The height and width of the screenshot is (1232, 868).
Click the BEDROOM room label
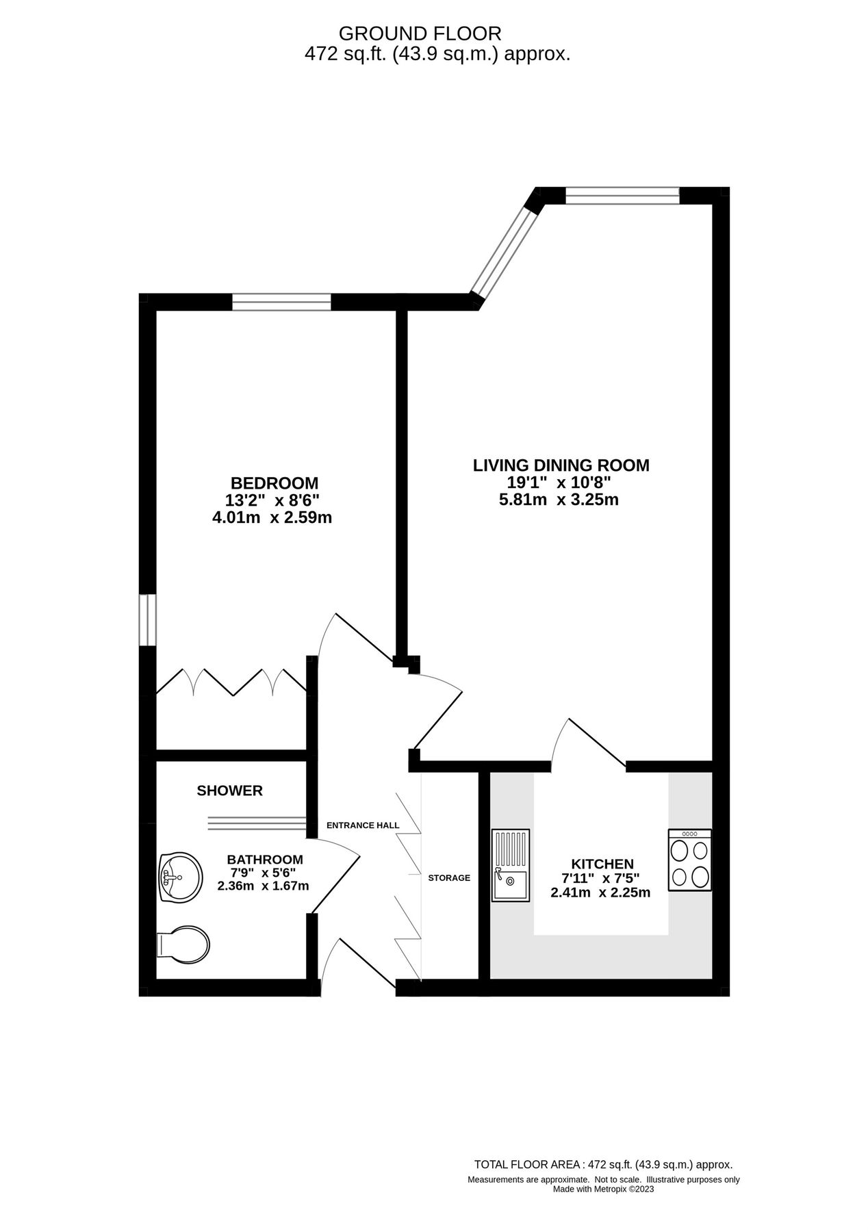(274, 483)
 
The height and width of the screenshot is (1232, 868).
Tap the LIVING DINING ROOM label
(561, 465)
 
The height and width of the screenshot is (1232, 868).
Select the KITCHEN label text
(602, 864)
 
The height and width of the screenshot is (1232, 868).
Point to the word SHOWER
(229, 791)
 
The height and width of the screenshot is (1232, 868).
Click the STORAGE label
(449, 877)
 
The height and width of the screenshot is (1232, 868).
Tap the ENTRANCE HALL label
(362, 825)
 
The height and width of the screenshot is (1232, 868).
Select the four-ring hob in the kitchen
(689, 860)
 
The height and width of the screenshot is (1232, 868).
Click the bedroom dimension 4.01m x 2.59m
(272, 517)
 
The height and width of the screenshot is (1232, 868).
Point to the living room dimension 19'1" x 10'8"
(555, 483)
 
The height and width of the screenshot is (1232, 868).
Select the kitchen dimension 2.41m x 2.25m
(600, 893)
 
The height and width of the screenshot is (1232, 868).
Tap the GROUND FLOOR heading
(420, 33)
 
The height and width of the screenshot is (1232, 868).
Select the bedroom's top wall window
(281, 301)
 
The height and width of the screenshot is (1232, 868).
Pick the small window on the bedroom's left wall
(147, 619)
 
